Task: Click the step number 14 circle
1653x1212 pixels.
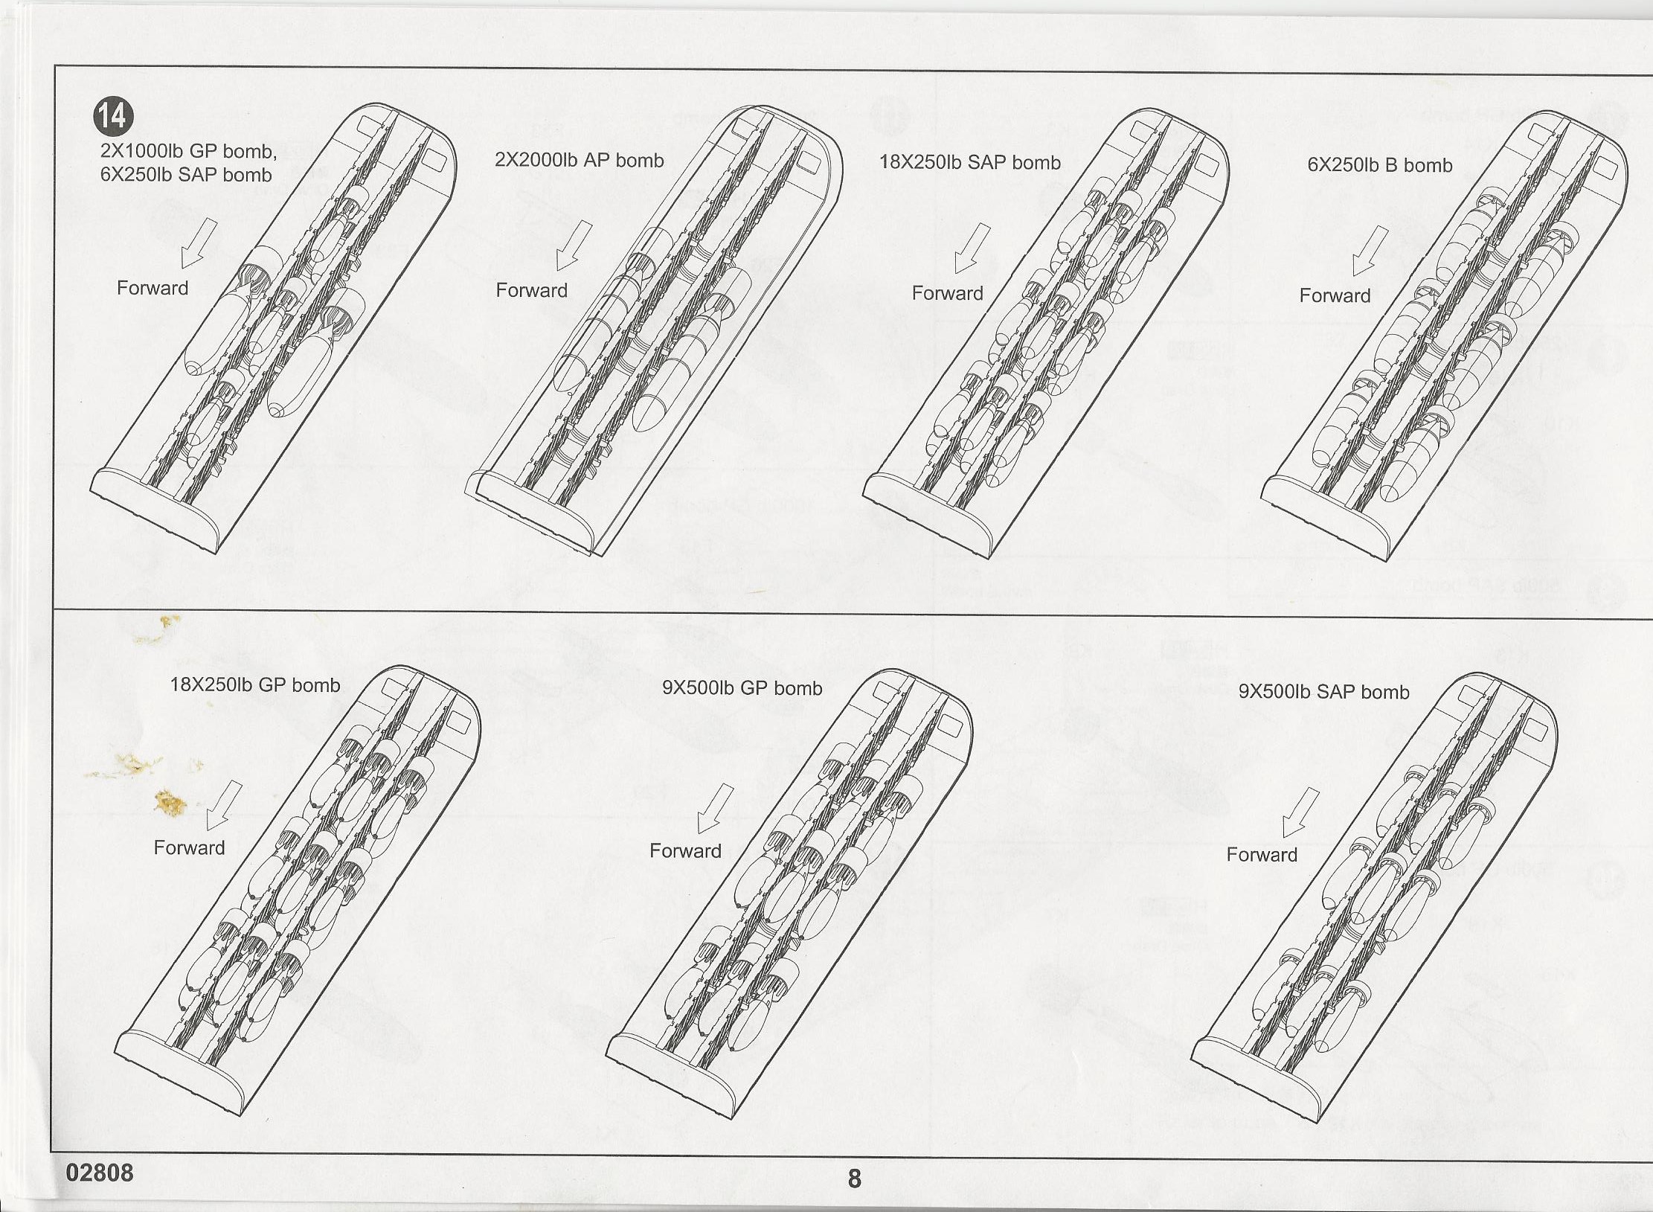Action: pyautogui.click(x=113, y=116)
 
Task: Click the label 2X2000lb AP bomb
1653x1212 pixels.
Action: pyautogui.click(x=579, y=161)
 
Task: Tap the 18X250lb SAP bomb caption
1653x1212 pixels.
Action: pyautogui.click(x=970, y=163)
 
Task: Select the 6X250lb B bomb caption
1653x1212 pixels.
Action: pyautogui.click(x=1380, y=166)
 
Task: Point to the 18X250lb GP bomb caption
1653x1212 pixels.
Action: pyautogui.click(x=255, y=685)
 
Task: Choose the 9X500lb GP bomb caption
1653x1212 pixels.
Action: pyautogui.click(x=742, y=688)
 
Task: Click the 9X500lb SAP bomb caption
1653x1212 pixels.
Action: pyautogui.click(x=1323, y=693)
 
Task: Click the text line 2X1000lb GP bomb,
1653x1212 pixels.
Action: pyautogui.click(x=188, y=152)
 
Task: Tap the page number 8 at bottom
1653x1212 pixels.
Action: pyautogui.click(x=855, y=1179)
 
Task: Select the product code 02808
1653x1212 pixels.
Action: pyautogui.click(x=100, y=1173)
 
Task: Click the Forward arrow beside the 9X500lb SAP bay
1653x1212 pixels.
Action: pyautogui.click(x=1300, y=813)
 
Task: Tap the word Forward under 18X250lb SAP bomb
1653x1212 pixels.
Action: pyautogui.click(x=947, y=294)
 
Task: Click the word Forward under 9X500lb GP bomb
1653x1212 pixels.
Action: pyautogui.click(x=685, y=851)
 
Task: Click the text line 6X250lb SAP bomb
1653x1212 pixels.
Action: pyautogui.click(x=186, y=176)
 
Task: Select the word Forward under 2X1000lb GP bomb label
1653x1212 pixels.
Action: pyautogui.click(x=153, y=289)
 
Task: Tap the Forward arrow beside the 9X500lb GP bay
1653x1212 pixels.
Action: pyautogui.click(x=715, y=809)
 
